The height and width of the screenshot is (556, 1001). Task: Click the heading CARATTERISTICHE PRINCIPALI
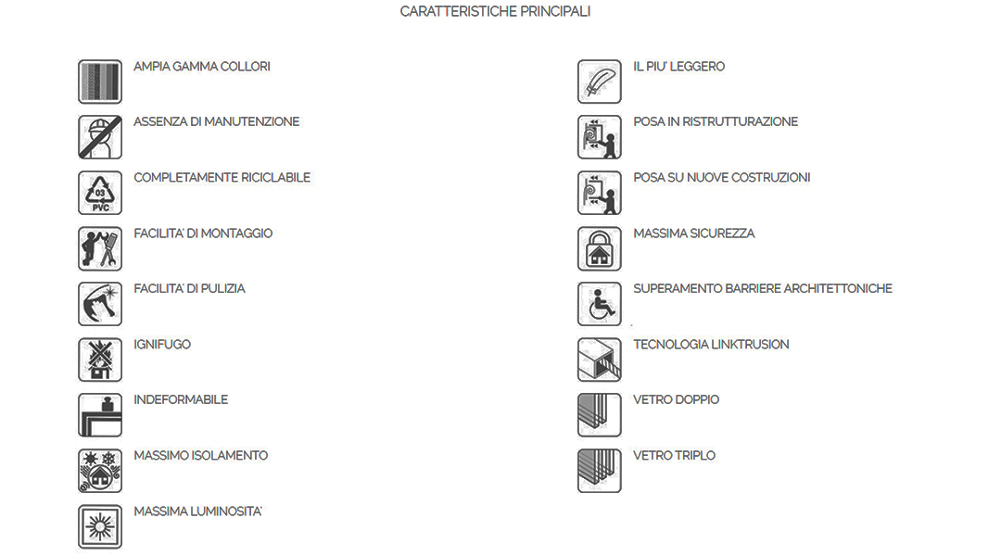point(495,11)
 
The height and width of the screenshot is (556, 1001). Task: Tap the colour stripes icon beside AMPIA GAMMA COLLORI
point(99,82)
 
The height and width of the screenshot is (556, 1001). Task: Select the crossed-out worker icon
point(99,137)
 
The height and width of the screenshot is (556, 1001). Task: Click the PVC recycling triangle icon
point(99,193)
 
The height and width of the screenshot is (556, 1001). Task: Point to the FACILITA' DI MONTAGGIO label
point(203,234)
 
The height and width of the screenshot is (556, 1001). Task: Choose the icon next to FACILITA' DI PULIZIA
point(99,305)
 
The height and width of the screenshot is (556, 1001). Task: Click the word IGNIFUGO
point(162,345)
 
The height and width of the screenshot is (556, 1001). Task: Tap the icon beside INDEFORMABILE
point(99,415)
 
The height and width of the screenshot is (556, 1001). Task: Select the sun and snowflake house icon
point(99,471)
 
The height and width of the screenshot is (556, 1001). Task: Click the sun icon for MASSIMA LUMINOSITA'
point(99,527)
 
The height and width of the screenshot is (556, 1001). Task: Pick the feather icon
point(600,82)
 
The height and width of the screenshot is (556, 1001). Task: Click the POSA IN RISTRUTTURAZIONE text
point(716,122)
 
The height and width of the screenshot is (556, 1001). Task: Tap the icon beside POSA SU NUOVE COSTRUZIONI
point(600,193)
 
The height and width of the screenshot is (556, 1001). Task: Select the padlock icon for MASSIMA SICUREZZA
point(600,249)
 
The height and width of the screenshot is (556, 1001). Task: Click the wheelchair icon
point(600,305)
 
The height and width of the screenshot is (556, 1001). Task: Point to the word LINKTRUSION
point(750,345)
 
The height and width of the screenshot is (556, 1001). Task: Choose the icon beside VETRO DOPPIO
point(600,415)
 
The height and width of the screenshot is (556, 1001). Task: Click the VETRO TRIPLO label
point(674,456)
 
